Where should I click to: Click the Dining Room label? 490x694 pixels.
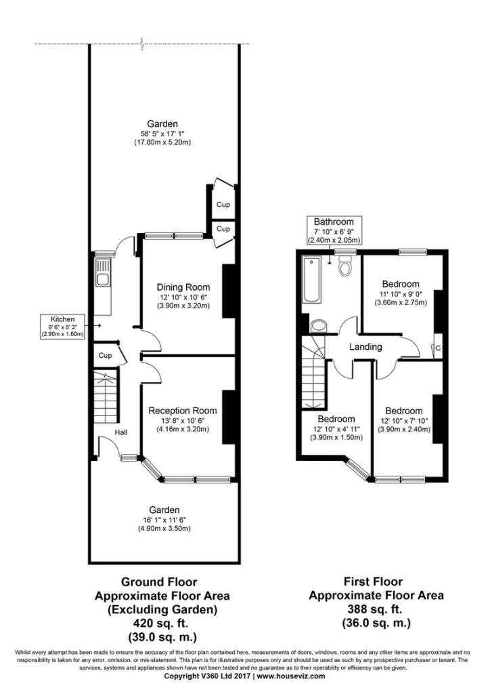coord(183,287)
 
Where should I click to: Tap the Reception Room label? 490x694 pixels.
coord(183,411)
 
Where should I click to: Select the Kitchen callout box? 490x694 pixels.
coord(62,327)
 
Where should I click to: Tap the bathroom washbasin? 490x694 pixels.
coord(318,326)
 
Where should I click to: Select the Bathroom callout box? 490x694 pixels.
coord(334,230)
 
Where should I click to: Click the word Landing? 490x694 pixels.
coord(365,346)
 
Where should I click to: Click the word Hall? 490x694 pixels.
coord(121,432)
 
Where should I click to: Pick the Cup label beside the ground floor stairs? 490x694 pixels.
coord(105,355)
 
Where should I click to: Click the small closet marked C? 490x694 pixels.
coord(437,348)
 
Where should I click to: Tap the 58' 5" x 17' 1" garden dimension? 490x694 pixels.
coord(162,134)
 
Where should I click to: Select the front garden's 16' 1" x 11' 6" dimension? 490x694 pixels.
coord(164,520)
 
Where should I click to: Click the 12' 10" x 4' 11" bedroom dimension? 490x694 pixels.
coord(336,428)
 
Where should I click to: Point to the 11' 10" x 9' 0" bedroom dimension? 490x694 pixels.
coord(401,294)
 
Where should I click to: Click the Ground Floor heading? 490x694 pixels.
coord(159,581)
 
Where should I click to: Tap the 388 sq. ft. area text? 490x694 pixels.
coord(375,609)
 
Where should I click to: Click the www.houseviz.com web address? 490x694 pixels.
coord(291,676)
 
